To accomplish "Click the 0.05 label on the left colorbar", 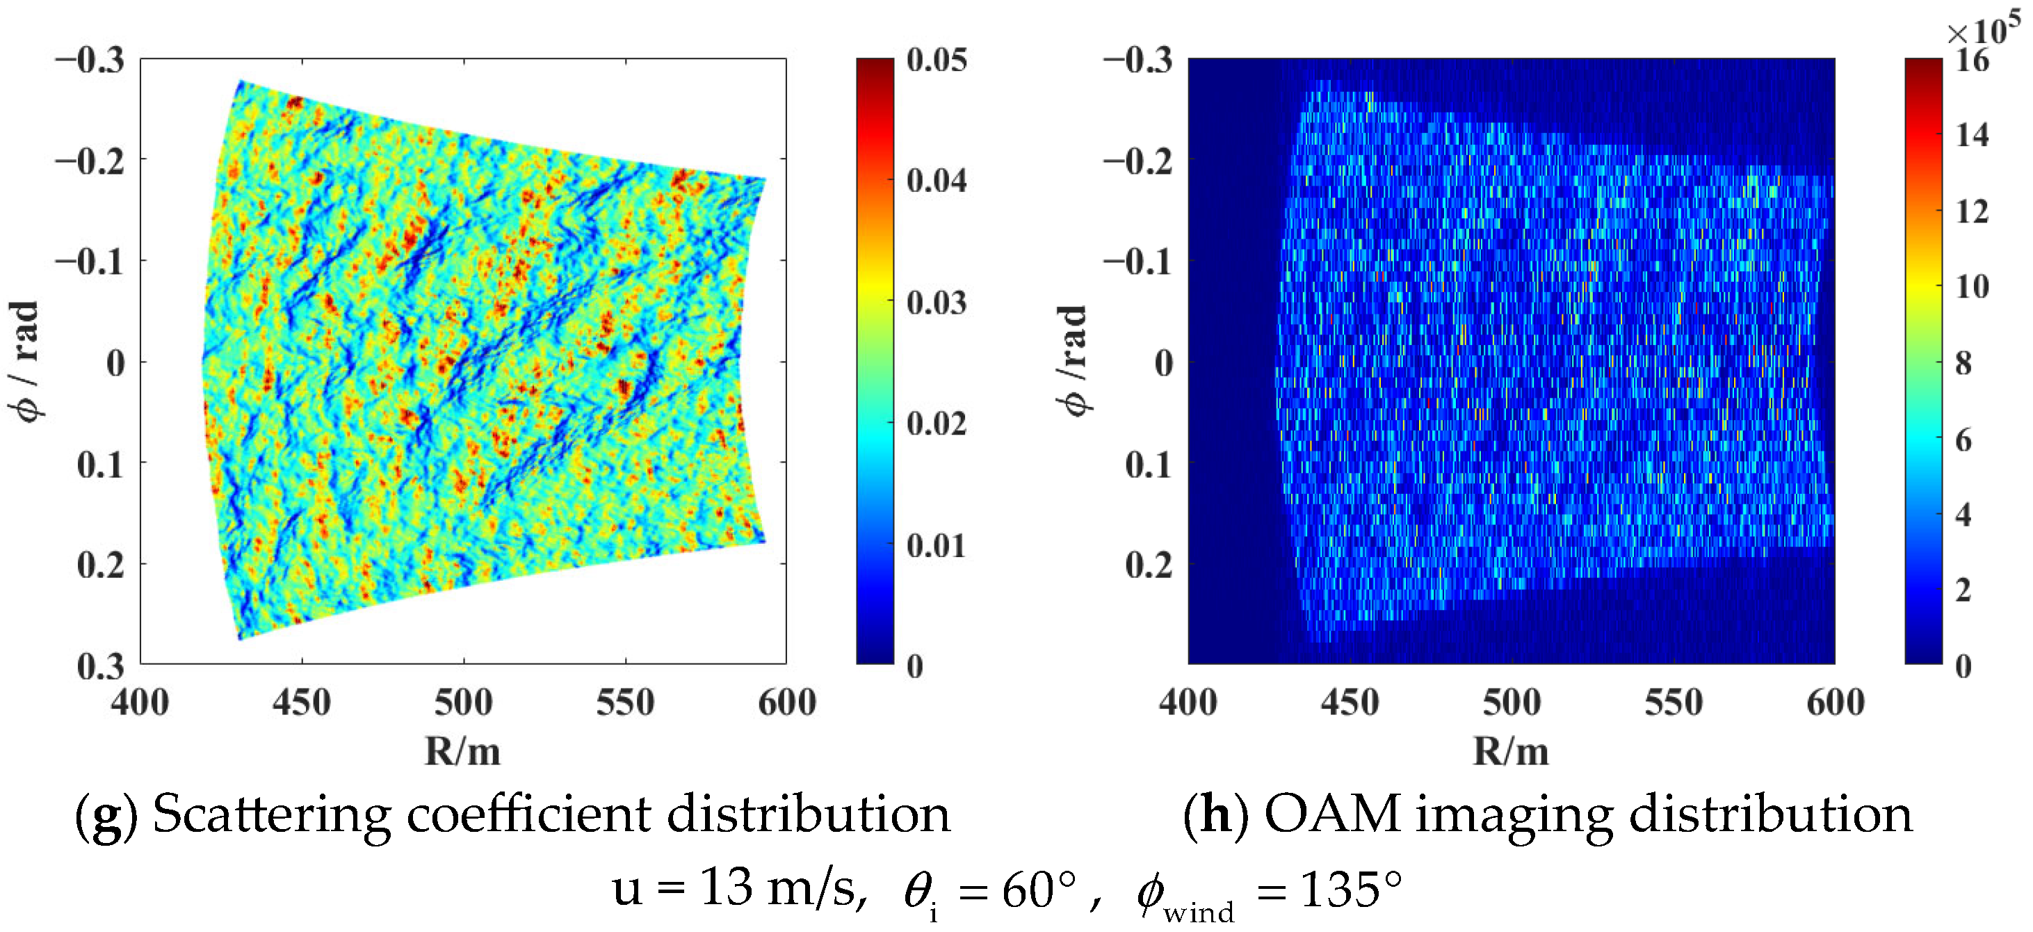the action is (x=937, y=60).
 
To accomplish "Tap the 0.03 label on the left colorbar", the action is (x=937, y=303).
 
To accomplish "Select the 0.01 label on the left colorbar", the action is (x=937, y=546).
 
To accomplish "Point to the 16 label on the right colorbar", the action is (x=1973, y=60).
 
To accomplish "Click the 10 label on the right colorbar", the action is (x=1973, y=287).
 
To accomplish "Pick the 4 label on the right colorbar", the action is (x=1963, y=515).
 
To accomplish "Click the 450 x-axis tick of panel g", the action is (x=302, y=702).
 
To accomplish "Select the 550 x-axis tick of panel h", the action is (x=1673, y=702).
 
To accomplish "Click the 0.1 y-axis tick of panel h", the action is (x=1149, y=465).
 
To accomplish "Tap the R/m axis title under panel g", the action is (x=462, y=751).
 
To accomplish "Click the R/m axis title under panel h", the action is (x=1511, y=751).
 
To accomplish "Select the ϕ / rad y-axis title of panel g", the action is (x=24, y=362).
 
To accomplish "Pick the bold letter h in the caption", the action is (x=1216, y=814).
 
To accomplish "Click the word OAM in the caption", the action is (x=1333, y=814).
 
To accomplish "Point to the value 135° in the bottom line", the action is (x=1351, y=890).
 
